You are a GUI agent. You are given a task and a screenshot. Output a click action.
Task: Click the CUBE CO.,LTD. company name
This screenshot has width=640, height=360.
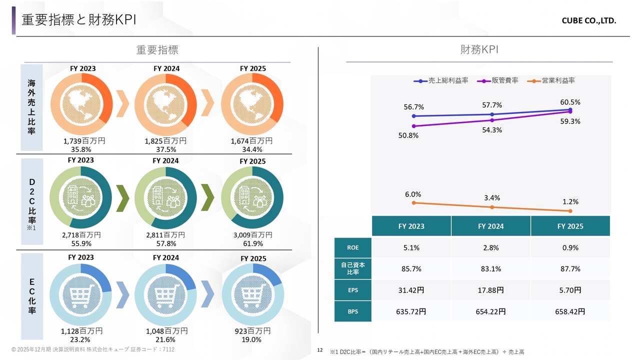click(x=588, y=21)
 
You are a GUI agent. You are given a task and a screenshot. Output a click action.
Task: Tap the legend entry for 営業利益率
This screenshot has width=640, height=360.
click(x=553, y=80)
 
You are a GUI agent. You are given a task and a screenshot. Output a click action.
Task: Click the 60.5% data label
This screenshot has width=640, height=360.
click(x=570, y=102)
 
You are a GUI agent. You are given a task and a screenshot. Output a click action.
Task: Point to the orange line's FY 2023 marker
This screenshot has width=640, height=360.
click(x=413, y=202)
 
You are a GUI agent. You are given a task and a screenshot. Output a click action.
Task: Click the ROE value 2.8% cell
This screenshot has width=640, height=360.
click(x=490, y=247)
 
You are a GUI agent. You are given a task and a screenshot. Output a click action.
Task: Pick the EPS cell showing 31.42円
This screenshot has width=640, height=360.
click(x=411, y=290)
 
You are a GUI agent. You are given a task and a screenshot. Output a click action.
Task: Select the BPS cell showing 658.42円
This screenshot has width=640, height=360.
click(x=570, y=311)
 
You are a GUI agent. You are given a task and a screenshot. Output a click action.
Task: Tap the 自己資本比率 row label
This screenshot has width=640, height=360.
click(x=353, y=268)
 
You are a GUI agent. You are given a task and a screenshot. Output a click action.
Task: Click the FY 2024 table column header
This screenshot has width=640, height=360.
click(x=490, y=226)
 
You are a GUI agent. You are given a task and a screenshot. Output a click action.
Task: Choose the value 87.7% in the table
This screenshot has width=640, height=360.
click(x=570, y=268)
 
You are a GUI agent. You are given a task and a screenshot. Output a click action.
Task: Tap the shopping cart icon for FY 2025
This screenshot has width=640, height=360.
click(x=252, y=294)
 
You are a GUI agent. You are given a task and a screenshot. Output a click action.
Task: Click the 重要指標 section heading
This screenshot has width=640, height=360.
click(x=157, y=50)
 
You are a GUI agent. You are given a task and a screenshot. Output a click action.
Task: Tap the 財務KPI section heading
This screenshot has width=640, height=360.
click(x=479, y=49)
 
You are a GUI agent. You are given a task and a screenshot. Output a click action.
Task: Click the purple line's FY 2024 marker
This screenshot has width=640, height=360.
click(x=492, y=120)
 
